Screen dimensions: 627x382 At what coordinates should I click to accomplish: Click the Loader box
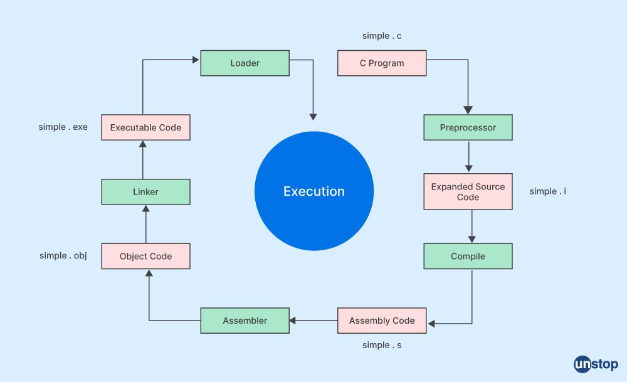tap(245, 63)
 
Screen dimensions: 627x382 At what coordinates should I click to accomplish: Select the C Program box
tap(382, 63)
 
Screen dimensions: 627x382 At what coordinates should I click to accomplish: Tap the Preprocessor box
tap(468, 127)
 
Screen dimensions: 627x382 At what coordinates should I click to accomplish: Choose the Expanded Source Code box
tap(468, 191)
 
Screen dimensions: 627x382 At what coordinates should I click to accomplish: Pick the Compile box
tap(468, 256)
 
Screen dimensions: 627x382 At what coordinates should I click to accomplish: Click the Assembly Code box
tap(382, 321)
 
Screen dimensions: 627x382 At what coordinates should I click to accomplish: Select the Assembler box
tap(245, 321)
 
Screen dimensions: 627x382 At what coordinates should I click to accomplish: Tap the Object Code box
tap(145, 256)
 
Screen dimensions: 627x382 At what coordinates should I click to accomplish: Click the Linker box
tap(145, 191)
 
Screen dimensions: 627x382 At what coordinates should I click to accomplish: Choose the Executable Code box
tap(145, 127)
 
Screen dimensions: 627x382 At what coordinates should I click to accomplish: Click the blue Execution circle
tap(314, 191)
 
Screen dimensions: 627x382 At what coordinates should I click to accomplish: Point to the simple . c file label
tap(382, 36)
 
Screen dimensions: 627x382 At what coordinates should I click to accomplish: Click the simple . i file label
tap(548, 191)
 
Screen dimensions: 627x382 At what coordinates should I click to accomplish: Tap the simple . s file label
tap(382, 345)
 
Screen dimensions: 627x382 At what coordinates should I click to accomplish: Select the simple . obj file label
tap(63, 255)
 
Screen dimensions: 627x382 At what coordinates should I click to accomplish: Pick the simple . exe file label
tap(63, 127)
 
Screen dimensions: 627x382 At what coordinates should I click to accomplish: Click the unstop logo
tap(596, 364)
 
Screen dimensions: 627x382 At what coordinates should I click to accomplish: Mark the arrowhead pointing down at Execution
tap(313, 117)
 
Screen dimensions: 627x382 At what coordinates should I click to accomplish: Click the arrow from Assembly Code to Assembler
tap(313, 321)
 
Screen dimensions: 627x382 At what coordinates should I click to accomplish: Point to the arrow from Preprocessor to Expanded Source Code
tap(468, 156)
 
